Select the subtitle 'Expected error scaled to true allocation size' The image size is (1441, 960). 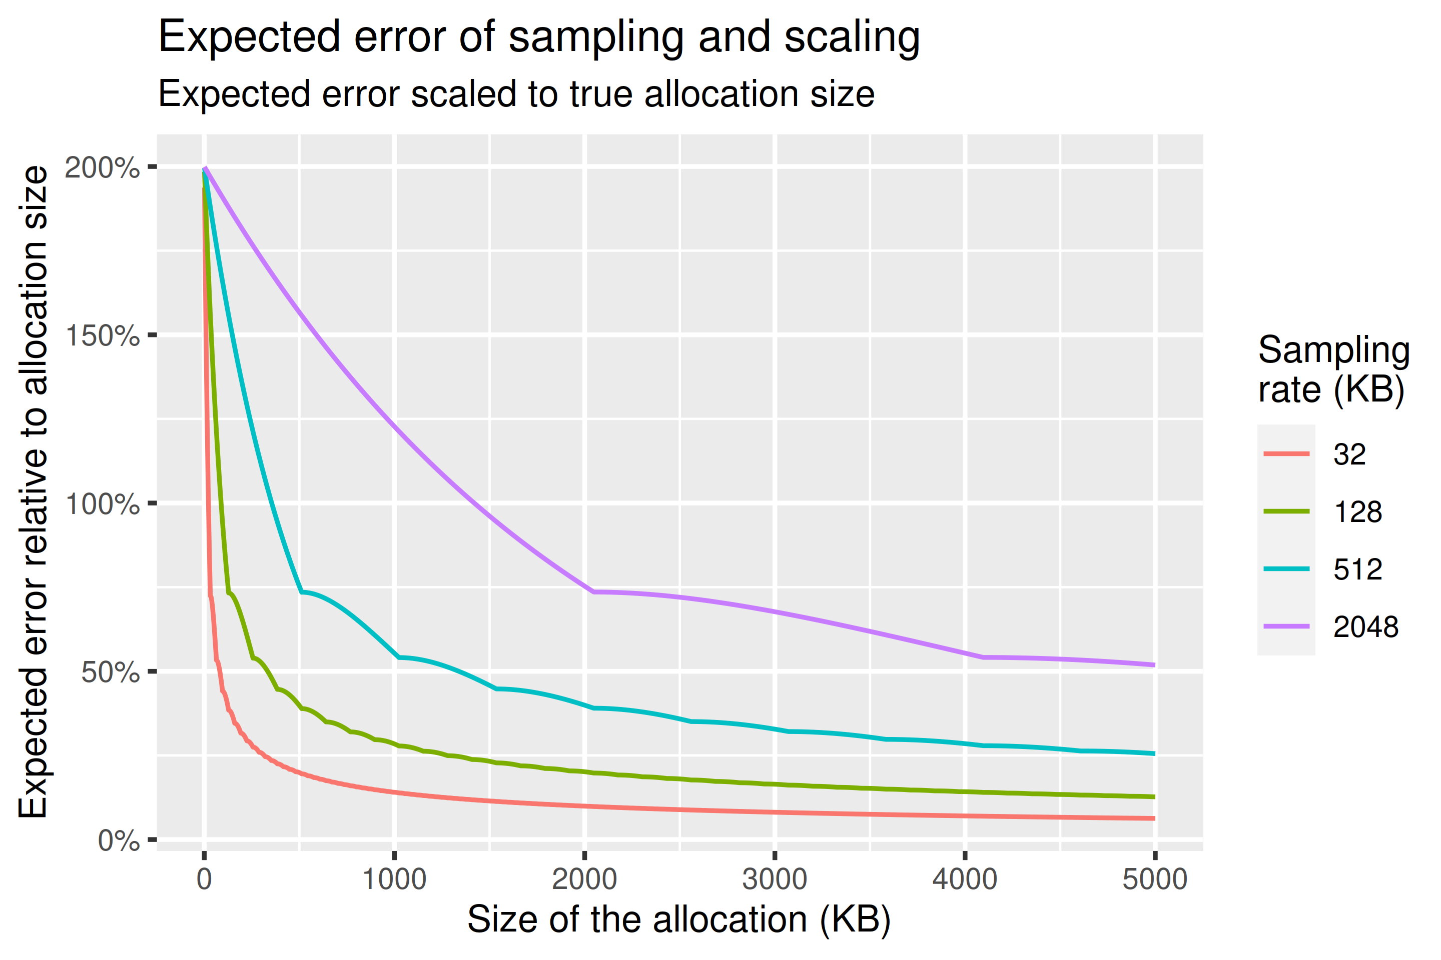[516, 94]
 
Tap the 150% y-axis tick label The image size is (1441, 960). [102, 336]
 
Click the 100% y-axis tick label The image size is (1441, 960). [102, 504]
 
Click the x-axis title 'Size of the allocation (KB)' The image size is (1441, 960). [679, 920]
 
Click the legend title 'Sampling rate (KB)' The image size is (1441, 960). [1333, 370]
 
